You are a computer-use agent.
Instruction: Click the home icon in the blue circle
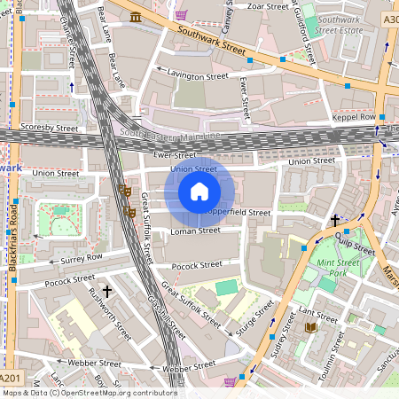coord(199,192)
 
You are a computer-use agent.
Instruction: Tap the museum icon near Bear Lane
coord(135,18)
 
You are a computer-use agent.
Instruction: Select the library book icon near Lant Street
coord(310,328)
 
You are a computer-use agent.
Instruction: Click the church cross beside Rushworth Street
coord(107,291)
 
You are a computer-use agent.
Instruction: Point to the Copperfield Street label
coord(238,213)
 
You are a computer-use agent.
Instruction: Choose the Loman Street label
coord(195,231)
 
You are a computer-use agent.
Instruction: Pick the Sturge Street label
coord(254,319)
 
